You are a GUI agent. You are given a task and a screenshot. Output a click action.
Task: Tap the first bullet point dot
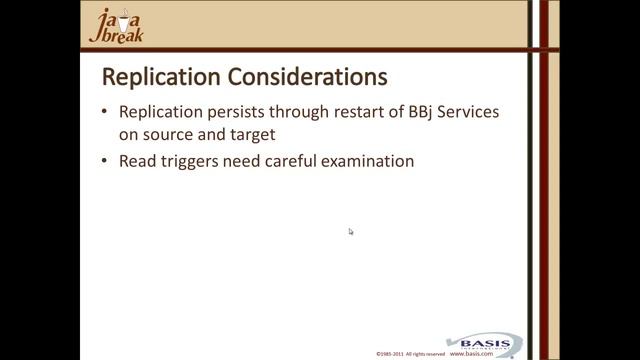coord(106,113)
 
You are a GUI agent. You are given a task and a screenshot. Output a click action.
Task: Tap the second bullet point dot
coord(106,160)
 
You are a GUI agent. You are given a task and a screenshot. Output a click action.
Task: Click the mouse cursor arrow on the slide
coord(351,231)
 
